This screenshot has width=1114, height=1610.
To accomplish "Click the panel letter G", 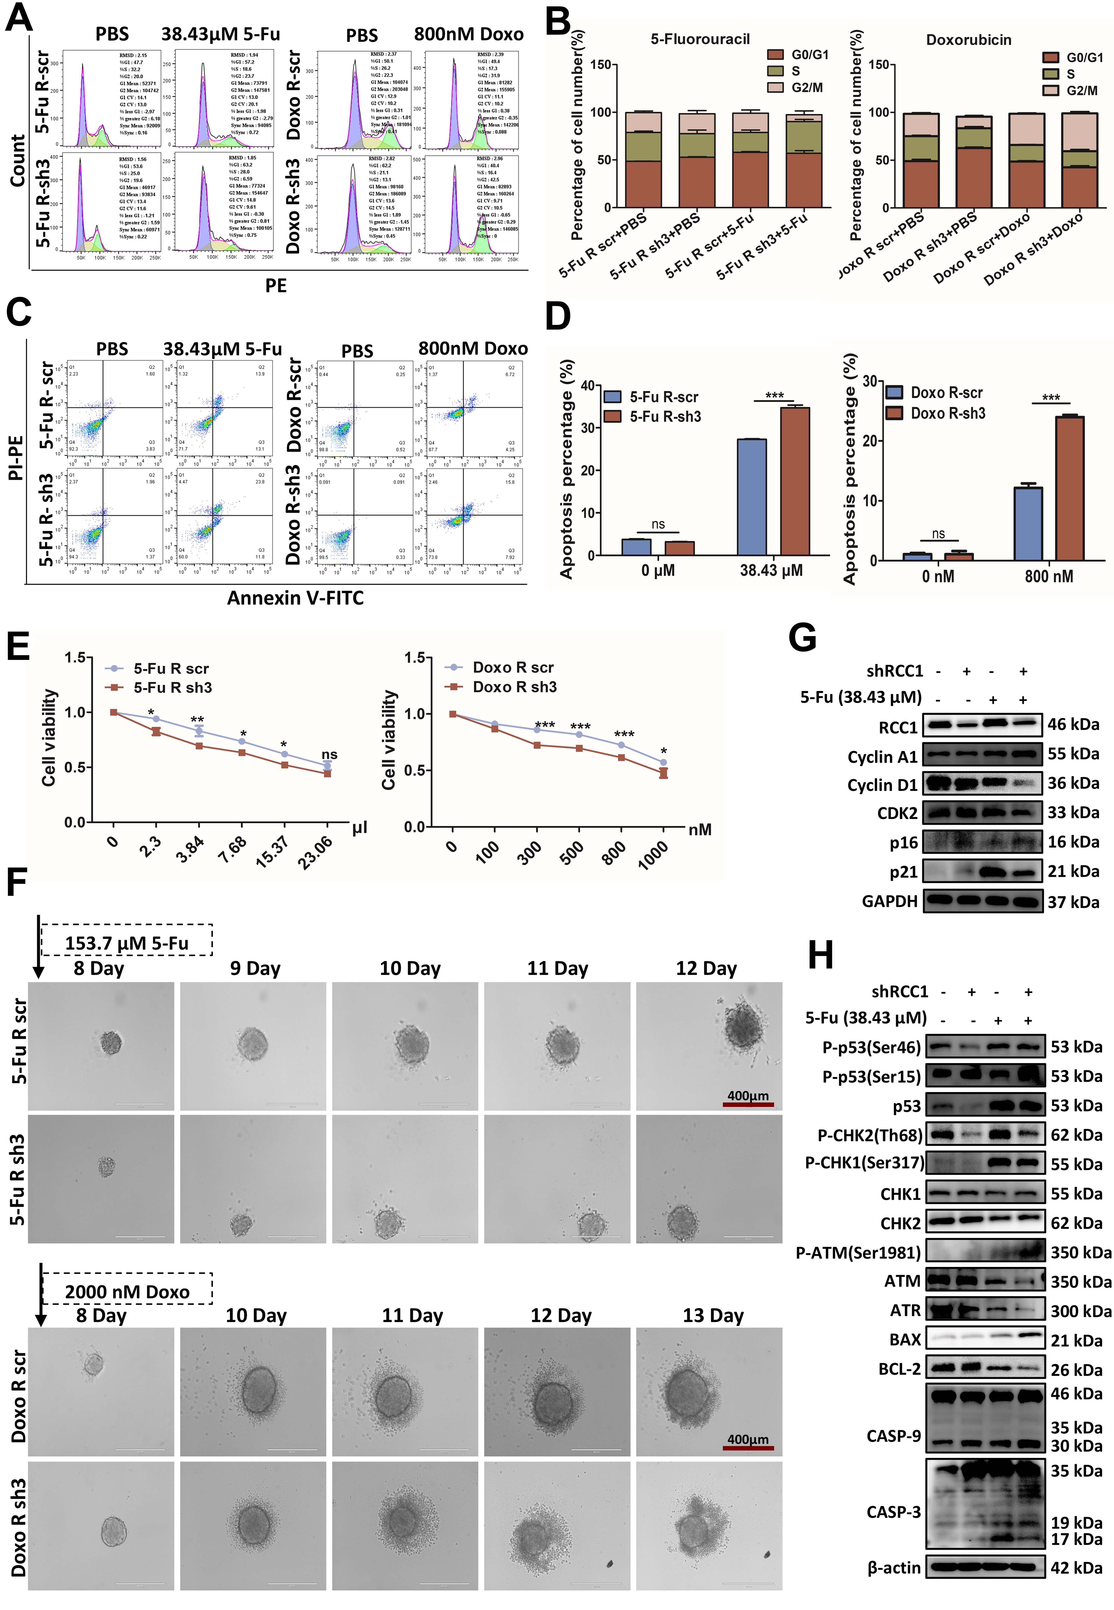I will click(803, 637).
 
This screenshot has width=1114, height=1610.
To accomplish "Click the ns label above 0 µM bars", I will click(657, 524).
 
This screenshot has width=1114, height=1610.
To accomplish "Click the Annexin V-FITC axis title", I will click(295, 598).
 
